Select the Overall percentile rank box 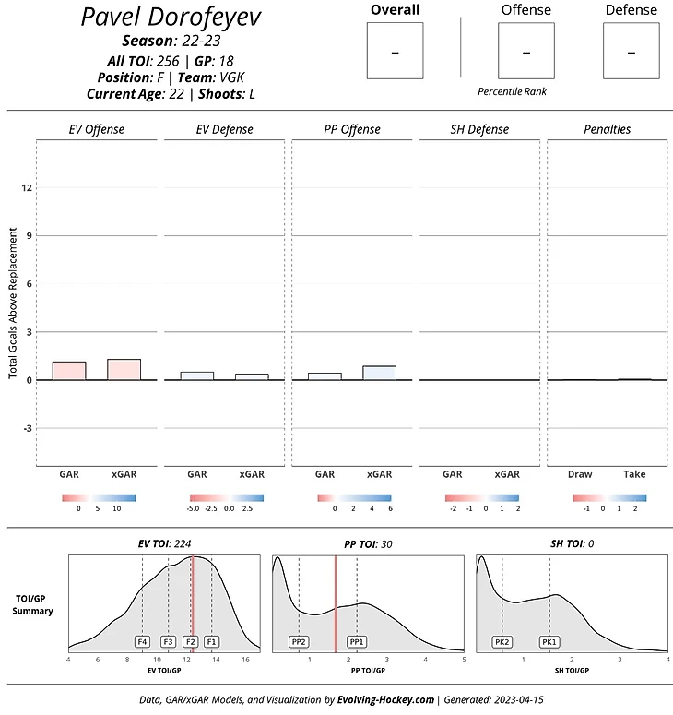[395, 51]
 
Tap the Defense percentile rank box [632, 51]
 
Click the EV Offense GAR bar [69, 371]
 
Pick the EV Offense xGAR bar [124, 369]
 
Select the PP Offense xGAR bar [379, 373]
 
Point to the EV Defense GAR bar [197, 375]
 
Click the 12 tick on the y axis [27, 187]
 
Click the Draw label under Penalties [580, 474]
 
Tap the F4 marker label [142, 641]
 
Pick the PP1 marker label [357, 641]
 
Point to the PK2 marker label [502, 641]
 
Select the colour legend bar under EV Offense [99, 498]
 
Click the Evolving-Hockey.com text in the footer [385, 700]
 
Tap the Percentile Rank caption [513, 92]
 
